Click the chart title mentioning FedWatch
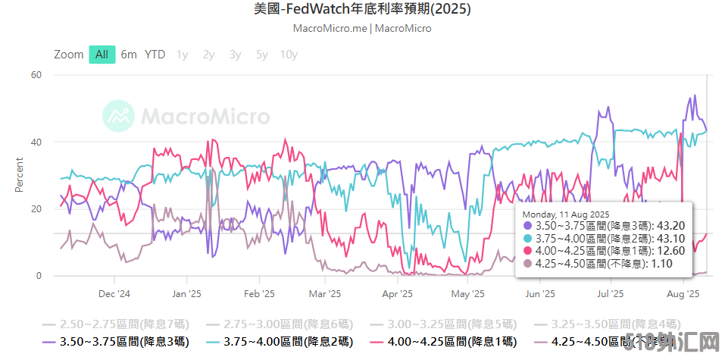coord(362,10)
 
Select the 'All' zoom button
coord(102,55)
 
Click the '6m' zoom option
coord(129,55)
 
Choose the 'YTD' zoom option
coord(155,55)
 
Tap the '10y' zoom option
coord(289,55)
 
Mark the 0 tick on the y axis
coord(39,276)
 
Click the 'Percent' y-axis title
coord(19,175)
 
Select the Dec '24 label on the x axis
coord(114,293)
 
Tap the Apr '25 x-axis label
coord(397,293)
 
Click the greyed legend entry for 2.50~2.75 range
coord(117,323)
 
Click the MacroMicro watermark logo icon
coord(119,116)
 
